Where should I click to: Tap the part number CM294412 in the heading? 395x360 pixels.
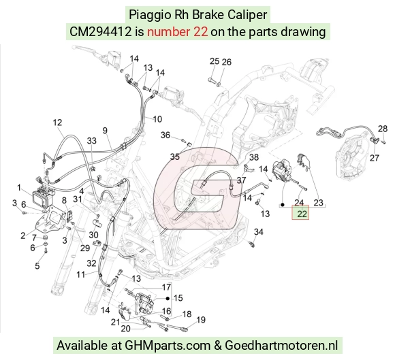tap(101, 32)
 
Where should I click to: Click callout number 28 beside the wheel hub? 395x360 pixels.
tap(383, 129)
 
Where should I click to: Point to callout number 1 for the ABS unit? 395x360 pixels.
tap(19, 187)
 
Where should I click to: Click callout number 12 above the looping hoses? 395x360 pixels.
tap(57, 122)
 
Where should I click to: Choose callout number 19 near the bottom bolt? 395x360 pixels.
tap(200, 320)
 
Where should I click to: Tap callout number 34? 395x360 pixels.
tap(259, 231)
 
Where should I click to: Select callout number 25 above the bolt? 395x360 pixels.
tap(215, 61)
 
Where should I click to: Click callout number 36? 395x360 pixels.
tap(165, 135)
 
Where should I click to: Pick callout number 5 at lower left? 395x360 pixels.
tap(37, 265)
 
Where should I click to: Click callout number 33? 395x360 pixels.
tap(92, 141)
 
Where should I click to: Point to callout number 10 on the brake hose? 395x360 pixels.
tap(157, 119)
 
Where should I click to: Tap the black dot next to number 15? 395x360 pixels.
tap(168, 298)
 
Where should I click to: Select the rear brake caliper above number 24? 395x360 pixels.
tap(283, 170)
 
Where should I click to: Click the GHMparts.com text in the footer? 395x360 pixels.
tap(168, 346)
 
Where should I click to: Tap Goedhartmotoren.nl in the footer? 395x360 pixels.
tap(281, 346)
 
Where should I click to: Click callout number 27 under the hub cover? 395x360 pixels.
tap(375, 158)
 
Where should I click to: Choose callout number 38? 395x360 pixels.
tap(254, 157)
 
